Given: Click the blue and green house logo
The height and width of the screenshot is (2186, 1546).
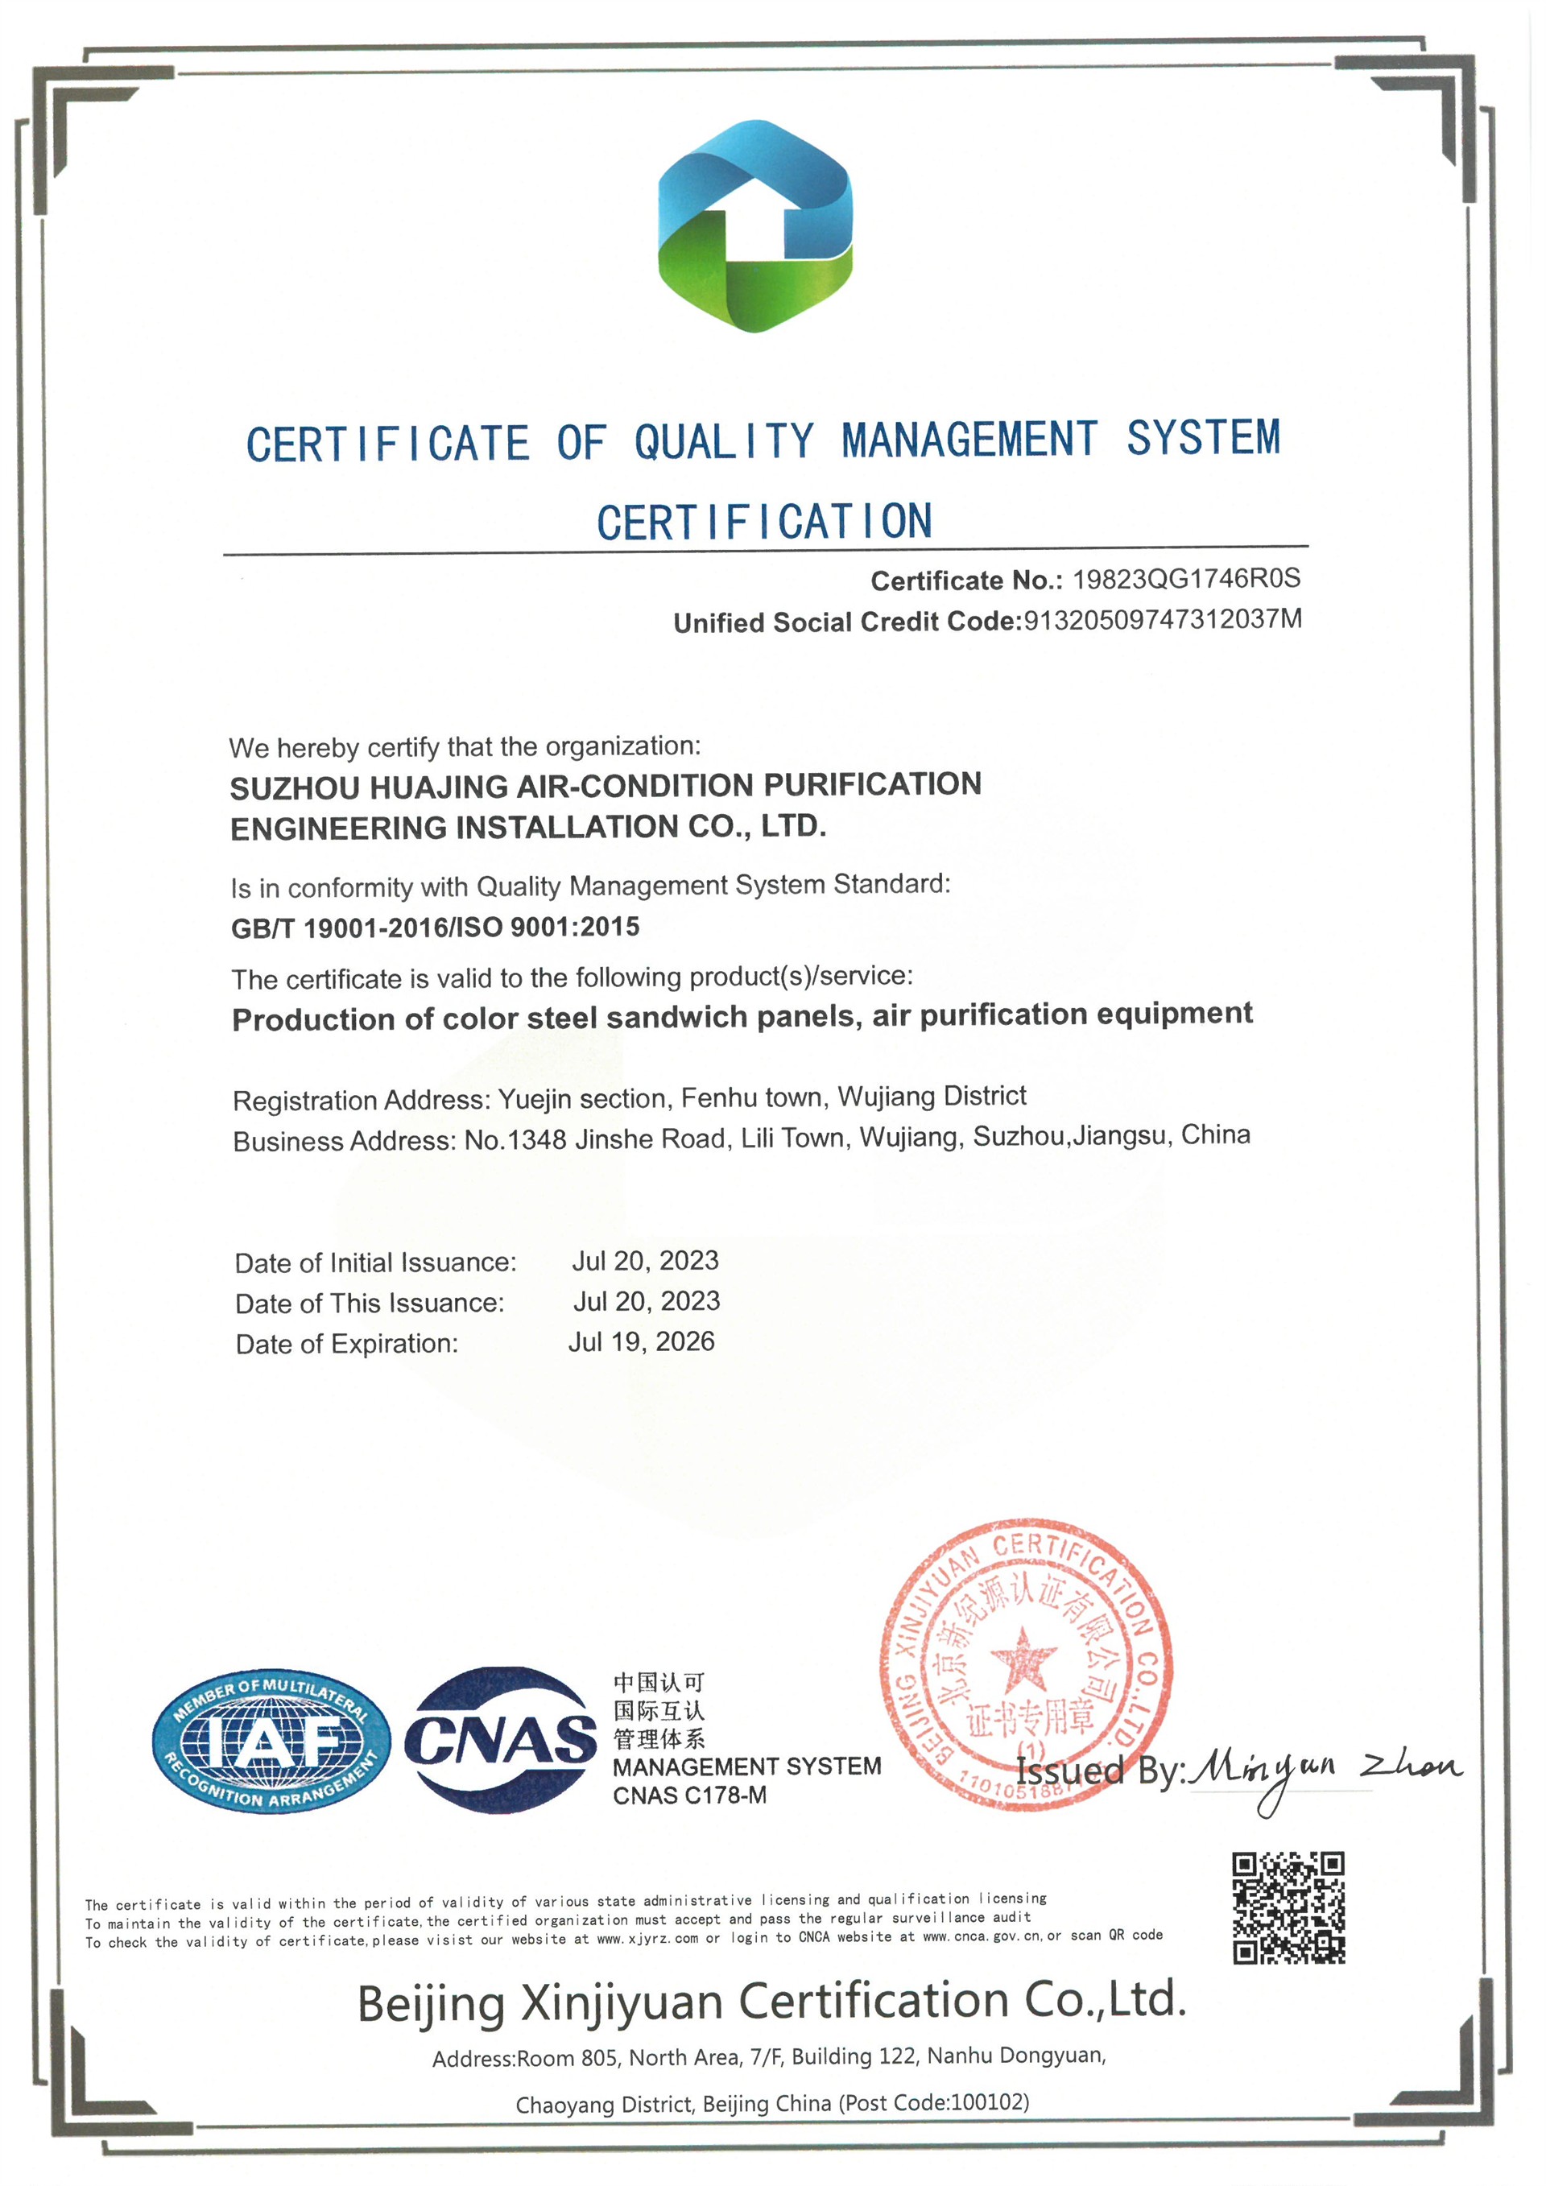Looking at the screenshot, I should coord(755,226).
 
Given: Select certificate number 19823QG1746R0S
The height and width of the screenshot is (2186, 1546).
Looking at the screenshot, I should coord(1185,579).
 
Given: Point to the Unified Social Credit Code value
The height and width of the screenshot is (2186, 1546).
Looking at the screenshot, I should coord(1161,620).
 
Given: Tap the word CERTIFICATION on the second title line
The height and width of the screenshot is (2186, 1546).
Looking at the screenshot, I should coord(764,522).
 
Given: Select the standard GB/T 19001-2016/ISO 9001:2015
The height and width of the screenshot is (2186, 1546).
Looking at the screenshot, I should coord(435,928).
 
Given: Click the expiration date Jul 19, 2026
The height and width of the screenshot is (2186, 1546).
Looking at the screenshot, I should coord(641,1341).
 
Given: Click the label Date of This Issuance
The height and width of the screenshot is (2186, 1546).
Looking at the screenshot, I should coord(370,1303).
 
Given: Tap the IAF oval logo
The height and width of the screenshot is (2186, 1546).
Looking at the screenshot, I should coord(271,1742).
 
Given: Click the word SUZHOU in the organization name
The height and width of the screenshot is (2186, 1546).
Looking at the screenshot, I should coord(292,788).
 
